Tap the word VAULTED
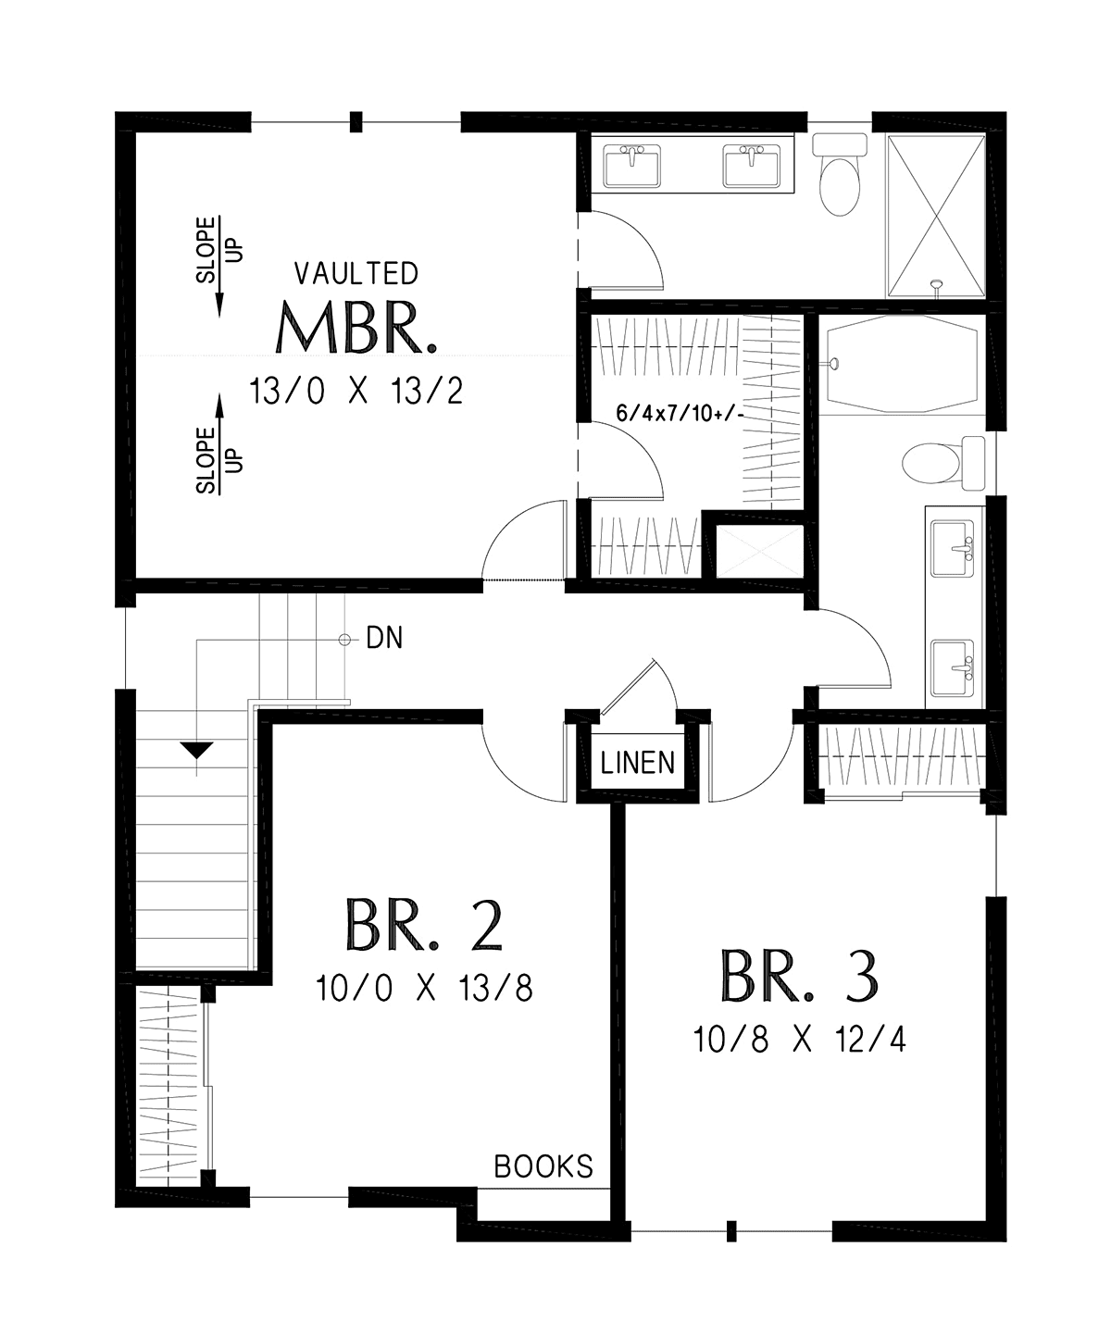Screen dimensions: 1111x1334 pos(356,273)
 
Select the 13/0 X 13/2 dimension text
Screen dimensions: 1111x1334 pos(356,391)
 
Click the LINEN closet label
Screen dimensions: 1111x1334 pos(638,762)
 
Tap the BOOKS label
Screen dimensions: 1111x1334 pos(543,1166)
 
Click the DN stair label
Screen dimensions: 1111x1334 pos(384,638)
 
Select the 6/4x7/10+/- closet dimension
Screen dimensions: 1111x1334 pos(680,414)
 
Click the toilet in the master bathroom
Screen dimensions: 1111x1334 pos(840,174)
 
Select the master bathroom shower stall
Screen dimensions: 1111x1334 pos(937,216)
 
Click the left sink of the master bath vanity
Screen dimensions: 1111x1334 pos(631,166)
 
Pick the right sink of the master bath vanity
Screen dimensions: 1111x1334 pos(752,166)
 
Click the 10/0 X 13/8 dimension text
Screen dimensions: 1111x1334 pos(424,988)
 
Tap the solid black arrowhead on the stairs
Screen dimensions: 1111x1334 pos(197,750)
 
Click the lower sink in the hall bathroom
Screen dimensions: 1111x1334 pos(953,667)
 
